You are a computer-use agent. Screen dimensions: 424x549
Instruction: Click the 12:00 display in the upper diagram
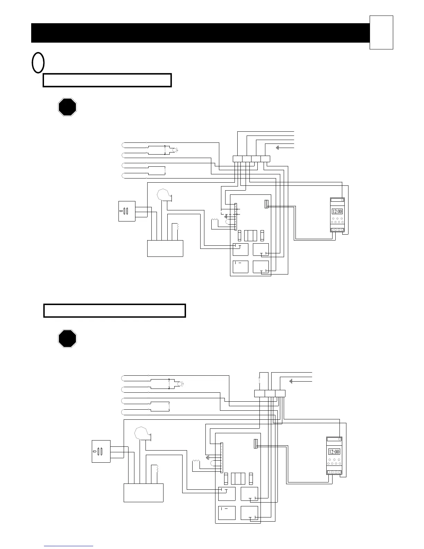[x=337, y=211]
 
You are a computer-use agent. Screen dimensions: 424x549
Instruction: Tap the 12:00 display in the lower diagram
[x=334, y=452]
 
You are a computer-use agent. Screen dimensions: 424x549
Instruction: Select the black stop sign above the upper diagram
[x=67, y=107]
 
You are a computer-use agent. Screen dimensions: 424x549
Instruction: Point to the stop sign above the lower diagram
[x=67, y=339]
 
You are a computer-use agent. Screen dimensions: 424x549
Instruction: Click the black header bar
[x=200, y=33]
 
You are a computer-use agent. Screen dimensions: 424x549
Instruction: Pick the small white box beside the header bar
[x=381, y=32]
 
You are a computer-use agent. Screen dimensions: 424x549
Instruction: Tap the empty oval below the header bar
[x=38, y=63]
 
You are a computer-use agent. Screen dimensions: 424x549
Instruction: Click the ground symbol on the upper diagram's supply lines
[x=277, y=148]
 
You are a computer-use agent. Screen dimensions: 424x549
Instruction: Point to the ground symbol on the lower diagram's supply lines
[x=291, y=381]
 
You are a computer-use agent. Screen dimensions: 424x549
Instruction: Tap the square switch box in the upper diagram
[x=127, y=211]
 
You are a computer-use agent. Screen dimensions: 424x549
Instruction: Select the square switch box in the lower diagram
[x=101, y=451]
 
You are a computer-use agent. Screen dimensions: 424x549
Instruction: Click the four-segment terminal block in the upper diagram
[x=251, y=159]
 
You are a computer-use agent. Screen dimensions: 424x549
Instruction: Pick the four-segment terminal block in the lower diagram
[x=270, y=393]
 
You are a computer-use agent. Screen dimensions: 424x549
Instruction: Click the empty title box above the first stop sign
[x=107, y=80]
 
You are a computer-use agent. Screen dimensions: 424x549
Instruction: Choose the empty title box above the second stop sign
[x=115, y=311]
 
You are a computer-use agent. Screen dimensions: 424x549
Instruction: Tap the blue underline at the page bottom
[x=69, y=546]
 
